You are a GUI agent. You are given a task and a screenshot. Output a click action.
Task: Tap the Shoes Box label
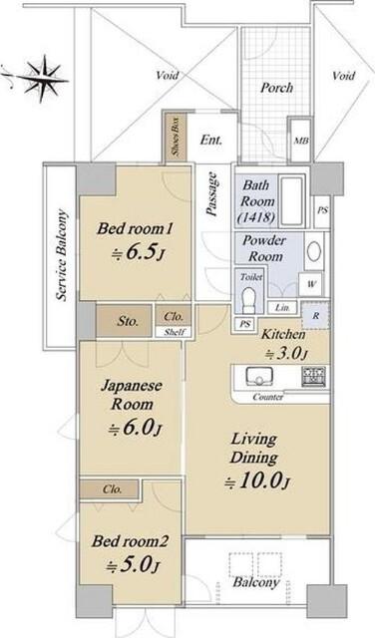coord(176,138)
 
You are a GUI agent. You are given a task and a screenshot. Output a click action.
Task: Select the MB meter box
coord(301,141)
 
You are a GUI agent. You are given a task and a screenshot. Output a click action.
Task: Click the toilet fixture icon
coord(248,300)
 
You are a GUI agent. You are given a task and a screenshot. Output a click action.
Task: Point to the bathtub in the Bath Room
coord(292,201)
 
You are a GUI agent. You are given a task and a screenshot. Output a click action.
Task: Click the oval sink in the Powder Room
coord(314,252)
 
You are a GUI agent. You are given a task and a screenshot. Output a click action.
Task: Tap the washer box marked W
coord(311,284)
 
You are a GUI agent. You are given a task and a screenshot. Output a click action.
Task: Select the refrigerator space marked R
coord(315,315)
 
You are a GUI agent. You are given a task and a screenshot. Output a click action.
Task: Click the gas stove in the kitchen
coord(314,376)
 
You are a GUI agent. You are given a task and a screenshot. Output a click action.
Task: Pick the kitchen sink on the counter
coord(259,376)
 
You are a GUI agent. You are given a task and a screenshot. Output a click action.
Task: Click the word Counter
coord(267,397)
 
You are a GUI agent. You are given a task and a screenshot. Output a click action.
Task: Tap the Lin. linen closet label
coord(282,308)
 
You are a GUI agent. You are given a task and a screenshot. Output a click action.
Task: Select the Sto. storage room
coord(124,321)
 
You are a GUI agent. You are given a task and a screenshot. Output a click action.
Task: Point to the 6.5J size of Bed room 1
coord(139,253)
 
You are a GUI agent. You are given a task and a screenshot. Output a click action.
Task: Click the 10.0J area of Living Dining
coord(257,481)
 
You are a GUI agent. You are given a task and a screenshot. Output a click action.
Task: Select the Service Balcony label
coord(62,255)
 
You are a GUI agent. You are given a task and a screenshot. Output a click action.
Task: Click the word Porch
coord(277,88)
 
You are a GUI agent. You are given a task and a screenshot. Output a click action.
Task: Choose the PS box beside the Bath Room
coord(322,211)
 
